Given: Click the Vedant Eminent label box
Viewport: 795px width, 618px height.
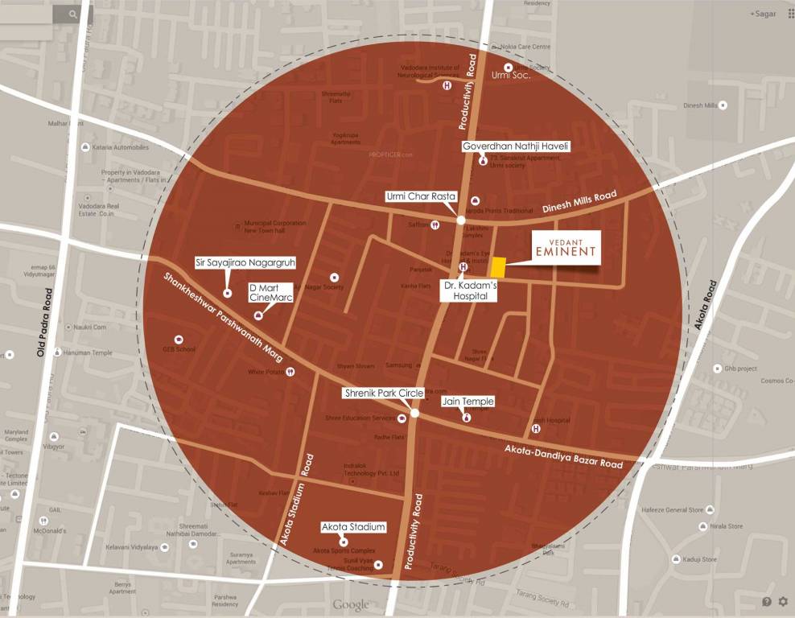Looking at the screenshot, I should point(567,247).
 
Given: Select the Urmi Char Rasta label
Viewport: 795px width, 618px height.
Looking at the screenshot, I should point(420,196).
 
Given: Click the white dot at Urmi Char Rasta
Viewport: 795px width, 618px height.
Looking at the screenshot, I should point(461,220).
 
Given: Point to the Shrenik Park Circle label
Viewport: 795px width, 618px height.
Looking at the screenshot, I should point(383,393).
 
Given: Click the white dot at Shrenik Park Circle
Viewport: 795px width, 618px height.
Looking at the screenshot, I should point(414,413).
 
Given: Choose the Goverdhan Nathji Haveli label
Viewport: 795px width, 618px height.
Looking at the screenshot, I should point(516,146).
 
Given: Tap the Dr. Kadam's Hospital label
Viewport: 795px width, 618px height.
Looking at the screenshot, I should point(469,290).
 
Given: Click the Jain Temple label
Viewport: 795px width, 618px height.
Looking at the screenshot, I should point(468,401).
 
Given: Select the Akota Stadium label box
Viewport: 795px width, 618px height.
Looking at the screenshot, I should point(353,527).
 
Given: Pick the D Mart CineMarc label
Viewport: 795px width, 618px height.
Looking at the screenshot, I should point(270,292).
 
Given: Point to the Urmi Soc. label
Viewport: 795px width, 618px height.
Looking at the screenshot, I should point(511,76).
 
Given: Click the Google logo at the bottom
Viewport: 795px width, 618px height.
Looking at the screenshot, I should point(351,604).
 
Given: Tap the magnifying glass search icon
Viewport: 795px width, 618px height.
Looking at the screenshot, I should point(73,14).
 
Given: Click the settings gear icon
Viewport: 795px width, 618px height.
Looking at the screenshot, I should point(783,601).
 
